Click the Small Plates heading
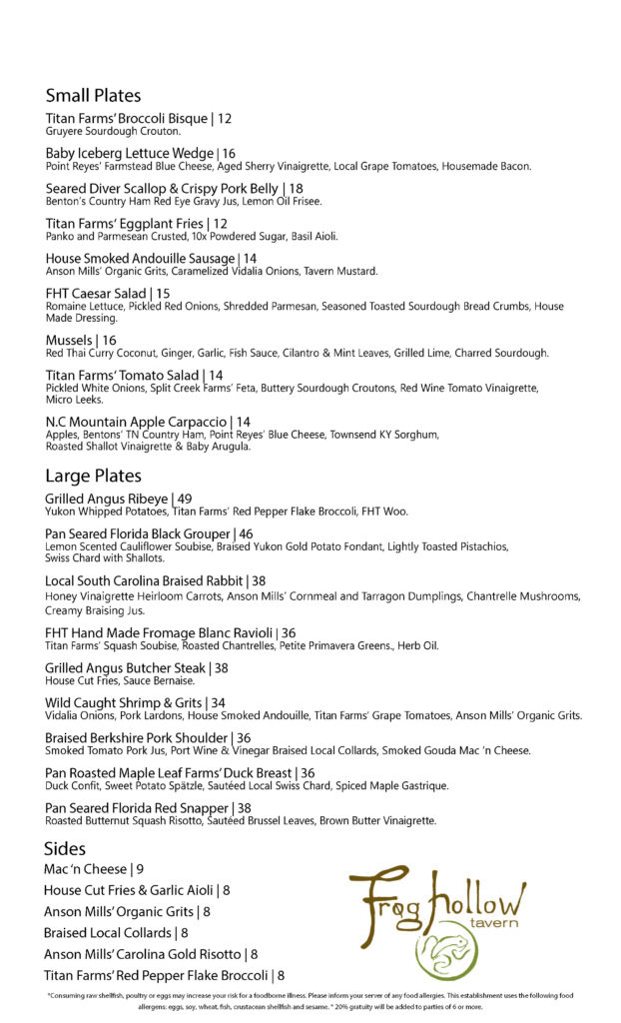click(93, 96)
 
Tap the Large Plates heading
click(93, 476)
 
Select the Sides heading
click(65, 848)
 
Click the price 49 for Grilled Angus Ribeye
click(184, 499)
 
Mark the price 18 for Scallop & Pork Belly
click(296, 189)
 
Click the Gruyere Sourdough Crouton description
click(113, 131)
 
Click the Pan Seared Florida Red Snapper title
click(137, 808)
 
